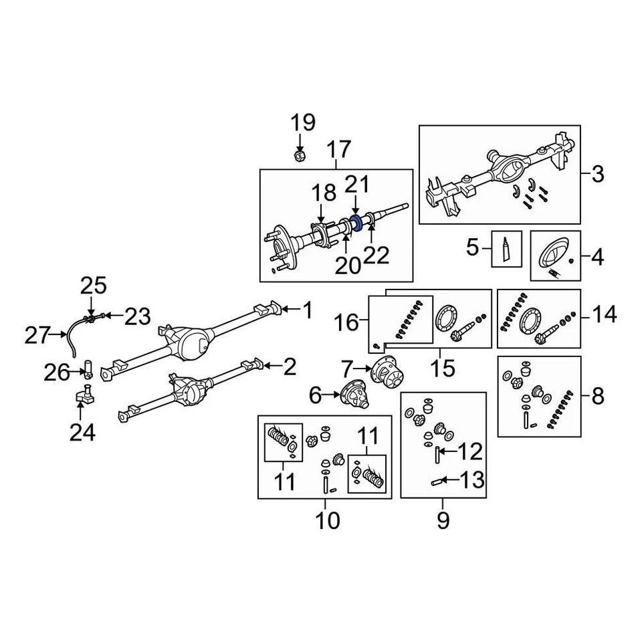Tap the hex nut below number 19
coord(300,156)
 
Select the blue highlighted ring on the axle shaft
coord(356,223)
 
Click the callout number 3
coord(597,175)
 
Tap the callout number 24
coord(83,433)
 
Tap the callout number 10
coord(327,520)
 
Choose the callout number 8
coord(597,396)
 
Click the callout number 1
coord(307,310)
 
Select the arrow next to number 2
coord(272,365)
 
